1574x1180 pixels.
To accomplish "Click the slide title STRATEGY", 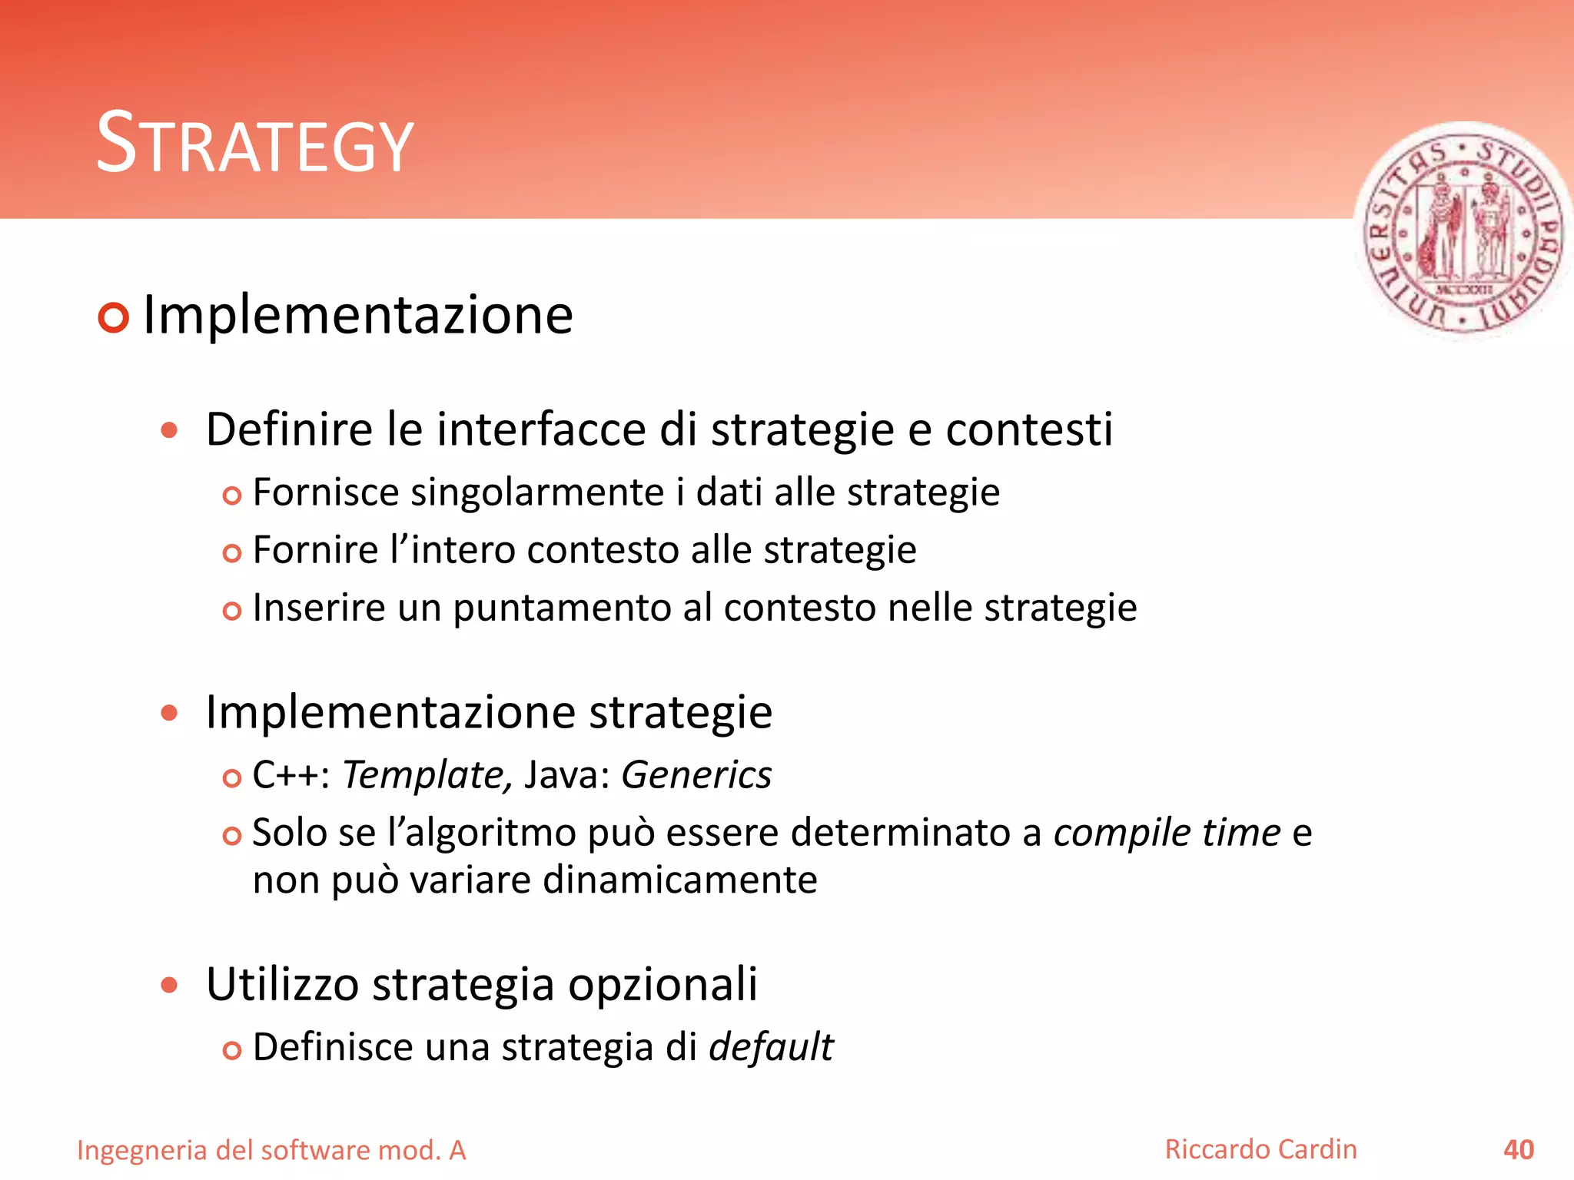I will click(254, 144).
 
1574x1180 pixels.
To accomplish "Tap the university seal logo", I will click(1463, 232).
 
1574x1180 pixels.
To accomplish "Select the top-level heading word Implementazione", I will click(358, 315).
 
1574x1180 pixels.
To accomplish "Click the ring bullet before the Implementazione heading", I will click(114, 317).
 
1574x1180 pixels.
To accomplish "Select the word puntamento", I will click(561, 608).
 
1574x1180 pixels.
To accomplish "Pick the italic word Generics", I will click(696, 774).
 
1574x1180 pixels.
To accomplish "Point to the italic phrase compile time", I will click(1167, 833).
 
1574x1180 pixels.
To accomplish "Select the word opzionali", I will click(662, 984).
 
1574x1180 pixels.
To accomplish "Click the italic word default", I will click(771, 1047).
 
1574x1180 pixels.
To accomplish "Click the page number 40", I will click(1519, 1150).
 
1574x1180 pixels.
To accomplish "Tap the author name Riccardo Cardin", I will click(1260, 1149).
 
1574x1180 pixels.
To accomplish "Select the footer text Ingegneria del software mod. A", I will click(271, 1150).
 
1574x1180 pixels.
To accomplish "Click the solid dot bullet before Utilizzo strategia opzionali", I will click(169, 985).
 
